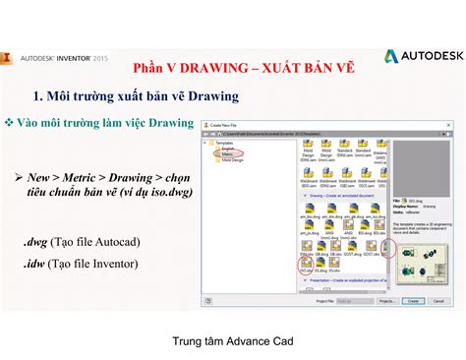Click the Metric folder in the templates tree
click(227, 154)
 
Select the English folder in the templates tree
click(228, 149)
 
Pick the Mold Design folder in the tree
click(232, 160)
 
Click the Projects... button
click(385, 302)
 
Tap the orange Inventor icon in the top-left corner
click(9, 57)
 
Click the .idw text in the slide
click(35, 265)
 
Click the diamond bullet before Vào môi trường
click(9, 123)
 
